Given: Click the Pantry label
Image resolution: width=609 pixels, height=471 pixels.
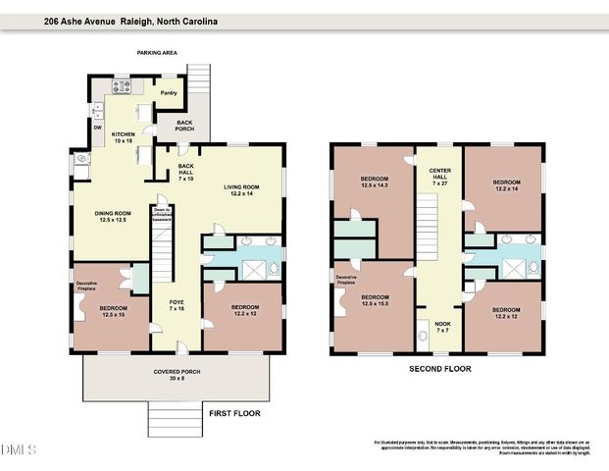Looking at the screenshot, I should [x=168, y=94].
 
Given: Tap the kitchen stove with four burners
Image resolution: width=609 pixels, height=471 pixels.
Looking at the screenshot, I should [x=124, y=86].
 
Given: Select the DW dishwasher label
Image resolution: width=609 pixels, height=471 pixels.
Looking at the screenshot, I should [x=97, y=128].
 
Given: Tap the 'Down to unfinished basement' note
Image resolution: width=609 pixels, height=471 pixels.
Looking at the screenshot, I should [x=163, y=212].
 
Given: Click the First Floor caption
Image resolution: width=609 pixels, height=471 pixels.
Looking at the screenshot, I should [x=234, y=414].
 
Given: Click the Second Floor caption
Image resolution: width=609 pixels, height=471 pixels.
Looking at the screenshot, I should [x=440, y=369].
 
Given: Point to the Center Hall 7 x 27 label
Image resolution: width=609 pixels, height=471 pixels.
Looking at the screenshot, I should [x=438, y=176].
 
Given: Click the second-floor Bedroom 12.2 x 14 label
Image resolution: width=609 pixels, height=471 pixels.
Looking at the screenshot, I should [x=506, y=186].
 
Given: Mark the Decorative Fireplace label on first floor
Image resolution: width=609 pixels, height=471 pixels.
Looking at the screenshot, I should [x=93, y=287].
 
